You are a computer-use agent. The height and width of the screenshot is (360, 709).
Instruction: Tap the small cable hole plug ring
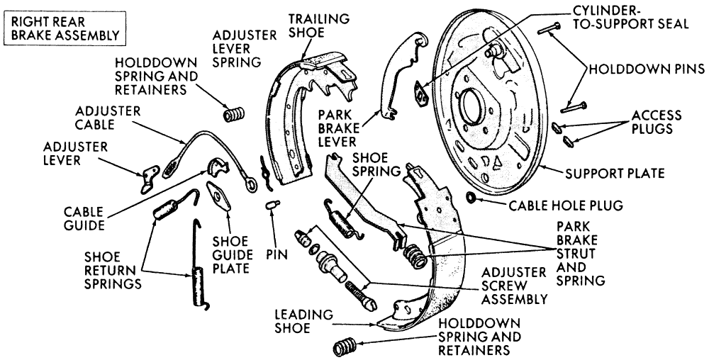tap(472, 196)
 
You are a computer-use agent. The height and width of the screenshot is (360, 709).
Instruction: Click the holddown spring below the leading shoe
tap(347, 347)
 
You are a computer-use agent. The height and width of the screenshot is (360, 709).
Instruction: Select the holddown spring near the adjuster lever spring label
tap(233, 113)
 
